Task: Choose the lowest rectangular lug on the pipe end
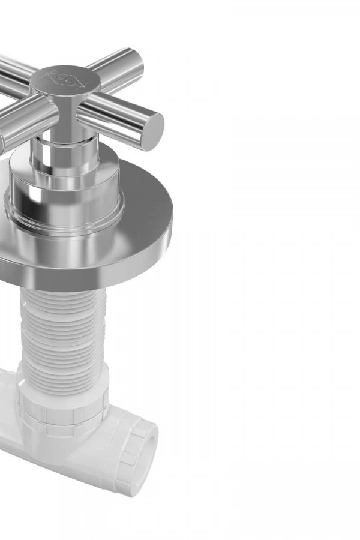(x=125, y=485)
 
